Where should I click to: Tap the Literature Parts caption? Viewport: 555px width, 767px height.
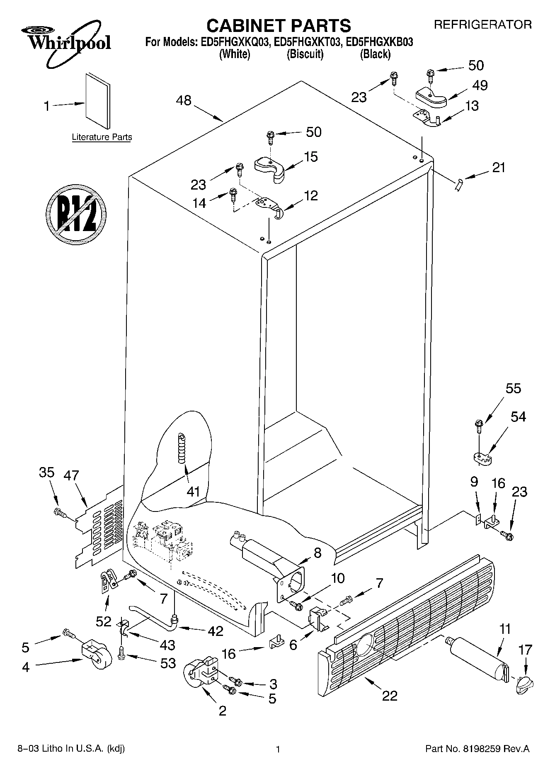point(102,137)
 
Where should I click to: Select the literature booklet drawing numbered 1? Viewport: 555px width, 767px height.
point(98,101)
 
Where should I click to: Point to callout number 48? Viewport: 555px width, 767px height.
point(184,100)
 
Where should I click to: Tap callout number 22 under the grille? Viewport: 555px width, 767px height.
point(390,695)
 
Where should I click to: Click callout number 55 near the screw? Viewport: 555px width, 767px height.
point(513,389)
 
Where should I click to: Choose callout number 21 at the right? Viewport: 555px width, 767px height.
point(499,168)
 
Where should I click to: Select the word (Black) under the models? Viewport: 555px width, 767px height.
point(375,54)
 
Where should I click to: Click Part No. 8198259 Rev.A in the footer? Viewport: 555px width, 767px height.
point(477,749)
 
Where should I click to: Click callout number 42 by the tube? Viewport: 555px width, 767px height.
point(215,631)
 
